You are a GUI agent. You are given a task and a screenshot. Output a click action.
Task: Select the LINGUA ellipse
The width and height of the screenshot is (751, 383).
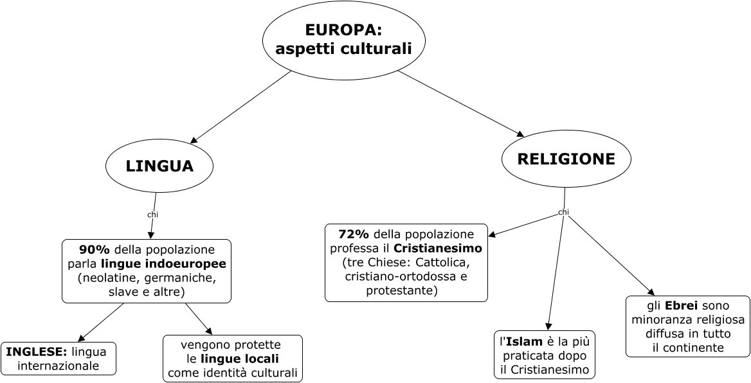159,166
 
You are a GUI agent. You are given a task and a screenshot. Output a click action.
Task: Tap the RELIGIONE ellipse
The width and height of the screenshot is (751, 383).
566,159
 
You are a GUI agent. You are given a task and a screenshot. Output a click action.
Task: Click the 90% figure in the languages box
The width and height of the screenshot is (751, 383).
95,249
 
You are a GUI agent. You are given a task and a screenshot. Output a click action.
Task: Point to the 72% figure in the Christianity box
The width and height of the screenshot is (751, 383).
354,233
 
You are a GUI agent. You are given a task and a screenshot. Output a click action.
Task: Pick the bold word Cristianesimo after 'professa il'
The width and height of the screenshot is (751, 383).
437,248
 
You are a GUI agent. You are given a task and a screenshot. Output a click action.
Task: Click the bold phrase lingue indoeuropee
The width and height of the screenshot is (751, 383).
163,263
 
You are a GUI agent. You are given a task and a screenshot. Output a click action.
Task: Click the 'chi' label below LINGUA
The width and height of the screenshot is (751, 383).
152,214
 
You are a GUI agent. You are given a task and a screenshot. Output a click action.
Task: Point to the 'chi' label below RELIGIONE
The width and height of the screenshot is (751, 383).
563,212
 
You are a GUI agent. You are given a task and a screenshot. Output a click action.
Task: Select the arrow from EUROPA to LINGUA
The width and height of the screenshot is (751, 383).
240,106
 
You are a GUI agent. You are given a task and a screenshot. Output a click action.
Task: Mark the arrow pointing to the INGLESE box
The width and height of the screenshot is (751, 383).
100,322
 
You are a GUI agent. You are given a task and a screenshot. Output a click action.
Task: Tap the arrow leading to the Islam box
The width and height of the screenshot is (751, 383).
556,270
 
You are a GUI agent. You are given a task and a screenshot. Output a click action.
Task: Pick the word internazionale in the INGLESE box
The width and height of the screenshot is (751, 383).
59,366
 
